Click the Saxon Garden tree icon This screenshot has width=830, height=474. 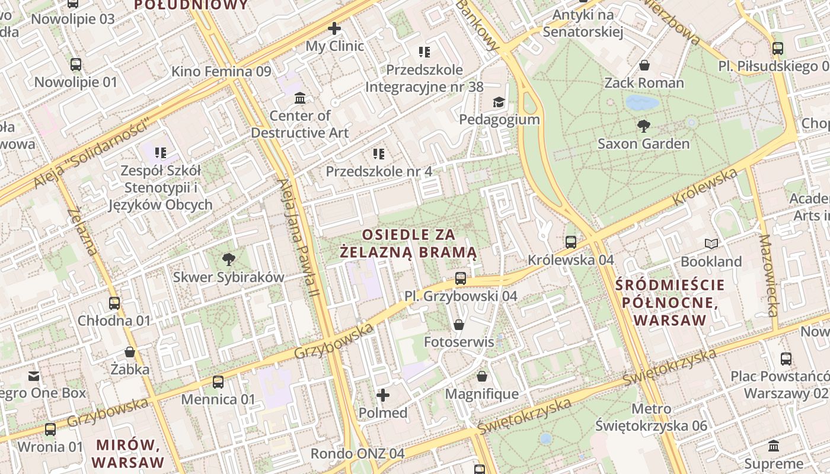(x=643, y=126)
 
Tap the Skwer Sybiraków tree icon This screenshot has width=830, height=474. (x=228, y=259)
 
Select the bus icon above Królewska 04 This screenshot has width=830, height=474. (x=570, y=242)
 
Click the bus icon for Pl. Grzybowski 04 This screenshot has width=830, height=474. (x=460, y=278)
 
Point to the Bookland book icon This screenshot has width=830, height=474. (x=711, y=244)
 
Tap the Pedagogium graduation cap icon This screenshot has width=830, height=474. (x=499, y=102)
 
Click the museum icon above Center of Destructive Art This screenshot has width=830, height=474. (x=300, y=97)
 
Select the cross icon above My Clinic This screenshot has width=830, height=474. (x=334, y=28)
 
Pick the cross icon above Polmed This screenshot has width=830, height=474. (x=383, y=395)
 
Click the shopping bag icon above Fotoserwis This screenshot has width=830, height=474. (x=458, y=324)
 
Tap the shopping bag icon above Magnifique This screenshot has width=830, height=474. (x=482, y=376)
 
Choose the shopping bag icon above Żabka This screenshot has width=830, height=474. (x=130, y=351)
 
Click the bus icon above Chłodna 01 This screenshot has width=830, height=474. (x=114, y=303)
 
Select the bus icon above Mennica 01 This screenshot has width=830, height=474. (x=218, y=382)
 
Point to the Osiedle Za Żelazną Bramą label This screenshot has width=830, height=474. (x=409, y=244)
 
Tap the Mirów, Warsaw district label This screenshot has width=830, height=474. (x=129, y=453)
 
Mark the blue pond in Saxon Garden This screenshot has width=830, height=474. (x=642, y=103)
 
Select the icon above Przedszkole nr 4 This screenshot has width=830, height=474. (x=379, y=154)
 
